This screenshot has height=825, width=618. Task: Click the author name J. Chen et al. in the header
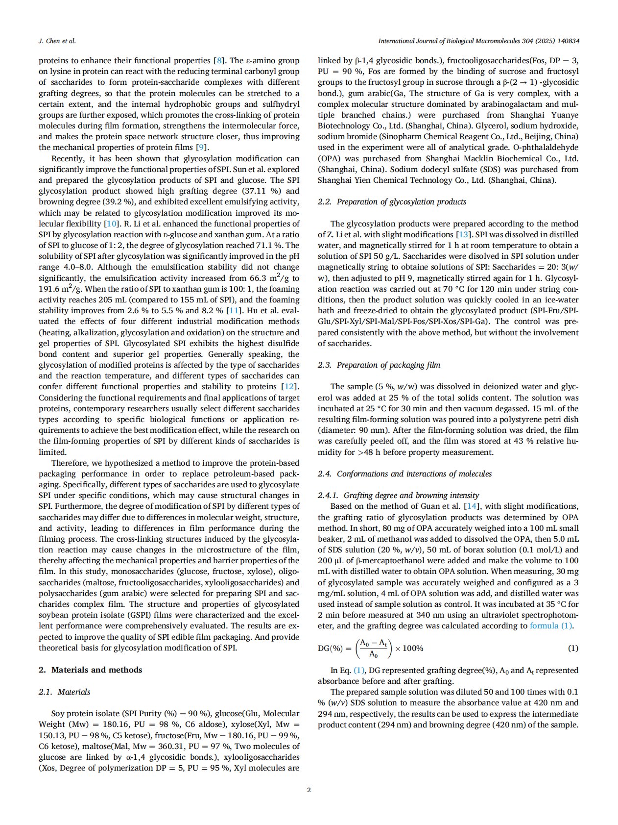tap(57, 41)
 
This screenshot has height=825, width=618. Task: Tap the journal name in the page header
tap(478, 41)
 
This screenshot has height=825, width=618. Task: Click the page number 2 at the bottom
tap(309, 790)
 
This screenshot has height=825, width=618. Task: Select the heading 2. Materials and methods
tap(91, 670)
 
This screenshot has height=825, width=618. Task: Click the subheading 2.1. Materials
tap(64, 692)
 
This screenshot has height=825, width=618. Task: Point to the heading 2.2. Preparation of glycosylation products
tap(392, 201)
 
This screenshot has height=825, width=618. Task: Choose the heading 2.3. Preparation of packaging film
tap(379, 365)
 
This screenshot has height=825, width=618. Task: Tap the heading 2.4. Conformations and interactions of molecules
tap(404, 474)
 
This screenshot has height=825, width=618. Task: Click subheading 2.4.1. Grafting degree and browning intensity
tap(398, 495)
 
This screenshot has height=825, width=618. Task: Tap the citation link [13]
tap(462, 234)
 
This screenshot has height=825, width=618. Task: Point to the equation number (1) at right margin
tap(572, 648)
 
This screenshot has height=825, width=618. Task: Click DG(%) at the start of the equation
tap(330, 648)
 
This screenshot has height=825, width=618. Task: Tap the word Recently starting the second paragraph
tap(67, 158)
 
